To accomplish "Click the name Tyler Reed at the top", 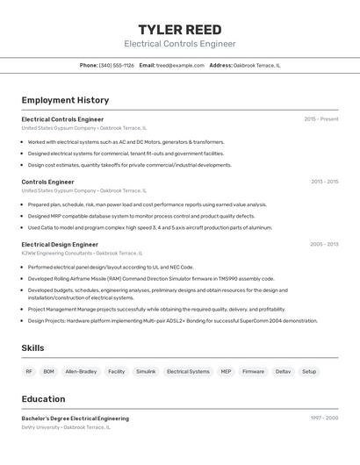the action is [x=180, y=29].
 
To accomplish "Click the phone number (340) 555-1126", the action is [x=117, y=65].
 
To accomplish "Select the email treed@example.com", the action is [x=180, y=65].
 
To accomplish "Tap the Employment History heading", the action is [x=65, y=100].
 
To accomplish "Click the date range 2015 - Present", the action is [x=321, y=119].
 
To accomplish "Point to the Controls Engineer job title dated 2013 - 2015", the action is [x=47, y=182].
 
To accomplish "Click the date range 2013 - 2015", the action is [x=324, y=182].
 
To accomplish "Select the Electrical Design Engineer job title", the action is [x=60, y=245].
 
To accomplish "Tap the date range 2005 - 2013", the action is [x=324, y=245].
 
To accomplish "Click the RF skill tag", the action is [x=29, y=371].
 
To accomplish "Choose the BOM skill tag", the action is [x=48, y=371].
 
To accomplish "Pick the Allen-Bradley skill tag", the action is [x=81, y=371].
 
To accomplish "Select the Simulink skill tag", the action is [x=145, y=371].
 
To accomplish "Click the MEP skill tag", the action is [x=226, y=371].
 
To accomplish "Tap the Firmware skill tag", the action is [x=253, y=371].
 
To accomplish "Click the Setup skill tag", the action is [x=309, y=371].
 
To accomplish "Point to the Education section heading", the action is [x=43, y=398].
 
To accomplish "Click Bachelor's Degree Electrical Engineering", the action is [x=75, y=418].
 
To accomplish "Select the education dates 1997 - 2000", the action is [x=324, y=418].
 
